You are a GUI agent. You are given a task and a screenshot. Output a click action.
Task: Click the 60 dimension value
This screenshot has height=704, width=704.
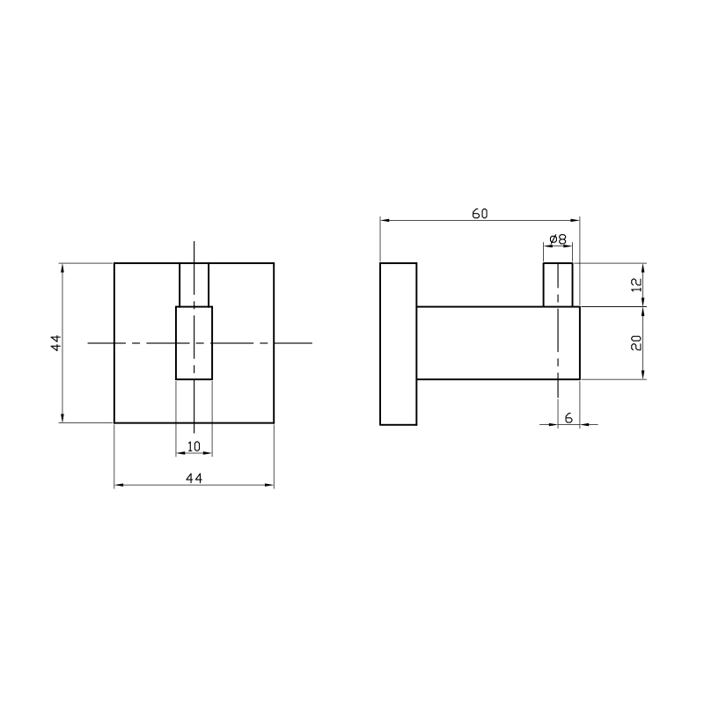pos(480,214)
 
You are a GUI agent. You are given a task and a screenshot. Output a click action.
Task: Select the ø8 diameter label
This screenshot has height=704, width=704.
pos(558,239)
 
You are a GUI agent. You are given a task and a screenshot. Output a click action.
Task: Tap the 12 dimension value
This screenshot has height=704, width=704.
pos(636,284)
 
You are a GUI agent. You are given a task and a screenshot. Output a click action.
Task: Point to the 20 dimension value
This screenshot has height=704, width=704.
pos(636,343)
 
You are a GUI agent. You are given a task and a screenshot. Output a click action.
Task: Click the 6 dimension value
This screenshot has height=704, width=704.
pos(568,418)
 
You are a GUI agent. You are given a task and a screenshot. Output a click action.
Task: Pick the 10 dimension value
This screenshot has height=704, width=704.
pos(194,447)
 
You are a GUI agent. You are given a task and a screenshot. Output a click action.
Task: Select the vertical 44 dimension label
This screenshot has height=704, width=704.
pos(55,343)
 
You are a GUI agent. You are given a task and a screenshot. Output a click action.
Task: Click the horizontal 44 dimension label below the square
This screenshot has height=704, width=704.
pos(194,478)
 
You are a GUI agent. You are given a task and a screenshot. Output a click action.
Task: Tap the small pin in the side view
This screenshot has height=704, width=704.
pos(558,284)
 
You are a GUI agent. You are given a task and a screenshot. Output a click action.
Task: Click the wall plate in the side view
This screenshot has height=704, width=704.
pos(399,343)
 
